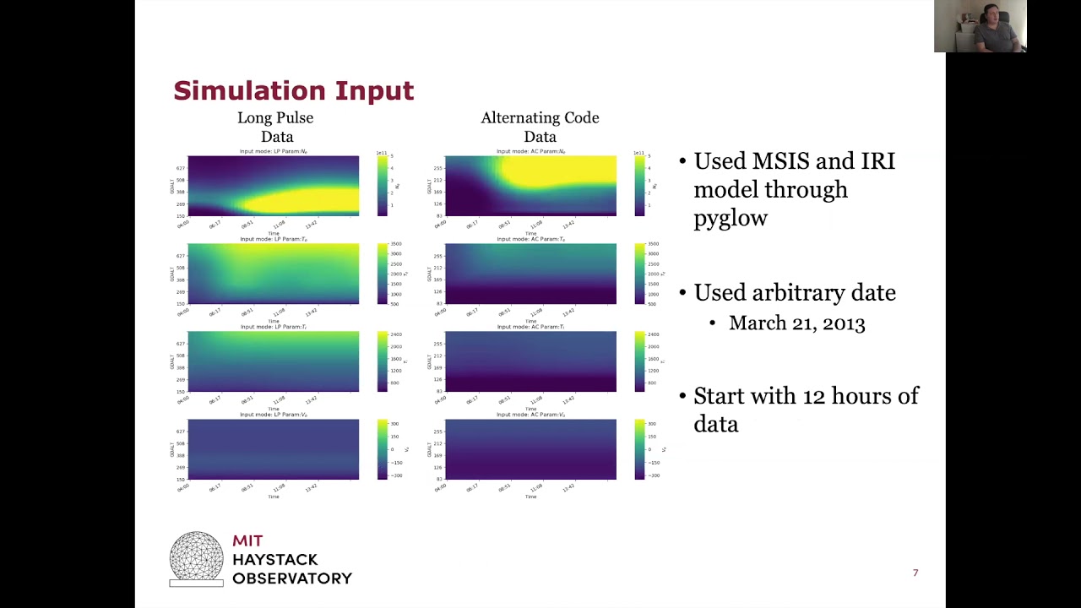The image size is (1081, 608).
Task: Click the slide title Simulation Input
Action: pos(293,90)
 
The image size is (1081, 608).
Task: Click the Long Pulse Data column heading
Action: pos(275,127)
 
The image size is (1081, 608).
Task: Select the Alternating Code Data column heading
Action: pos(540,127)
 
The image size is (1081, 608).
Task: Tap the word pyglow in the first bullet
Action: pos(731,218)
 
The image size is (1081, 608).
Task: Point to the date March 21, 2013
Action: pos(796,323)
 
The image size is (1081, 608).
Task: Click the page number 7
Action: pos(915,573)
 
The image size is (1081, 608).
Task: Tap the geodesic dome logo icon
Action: pos(196,558)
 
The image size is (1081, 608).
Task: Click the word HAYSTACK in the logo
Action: pos(275,560)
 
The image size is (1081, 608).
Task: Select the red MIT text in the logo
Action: pos(248,541)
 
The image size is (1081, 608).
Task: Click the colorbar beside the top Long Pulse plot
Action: pos(381,186)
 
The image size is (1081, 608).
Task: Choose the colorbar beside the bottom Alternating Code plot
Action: pos(639,449)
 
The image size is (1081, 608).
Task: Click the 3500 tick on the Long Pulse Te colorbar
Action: pos(395,244)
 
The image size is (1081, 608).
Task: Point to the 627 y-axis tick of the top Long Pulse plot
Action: pos(181,167)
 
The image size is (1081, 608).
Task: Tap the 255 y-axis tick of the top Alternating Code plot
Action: pos(437,167)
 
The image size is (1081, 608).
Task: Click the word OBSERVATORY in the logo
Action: pos(292,578)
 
